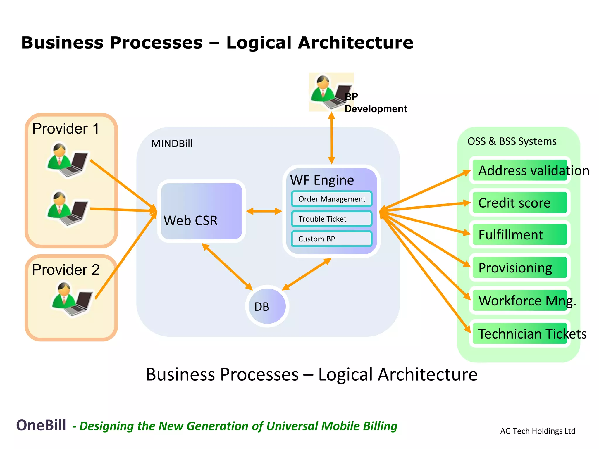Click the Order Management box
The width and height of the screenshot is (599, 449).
(331, 199)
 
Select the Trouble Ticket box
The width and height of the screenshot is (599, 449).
(331, 219)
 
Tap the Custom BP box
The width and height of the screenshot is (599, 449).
(331, 239)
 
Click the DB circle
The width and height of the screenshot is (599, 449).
(267, 306)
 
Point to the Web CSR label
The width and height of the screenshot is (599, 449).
(190, 220)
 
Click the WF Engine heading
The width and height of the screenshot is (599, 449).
(322, 180)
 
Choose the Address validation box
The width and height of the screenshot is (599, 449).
(520, 170)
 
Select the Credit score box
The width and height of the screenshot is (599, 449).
(520, 203)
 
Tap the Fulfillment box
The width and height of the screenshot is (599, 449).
(520, 235)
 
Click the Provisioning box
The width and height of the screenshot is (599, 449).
(520, 268)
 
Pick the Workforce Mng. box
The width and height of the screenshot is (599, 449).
(520, 301)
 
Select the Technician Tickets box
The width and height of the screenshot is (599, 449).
(520, 334)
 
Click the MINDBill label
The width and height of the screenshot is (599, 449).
(172, 144)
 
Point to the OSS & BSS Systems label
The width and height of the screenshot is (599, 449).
(512, 141)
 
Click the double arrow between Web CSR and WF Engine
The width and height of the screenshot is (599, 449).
(264, 211)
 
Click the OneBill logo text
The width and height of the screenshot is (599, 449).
(41, 425)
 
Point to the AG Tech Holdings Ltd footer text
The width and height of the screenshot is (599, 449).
(538, 431)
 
